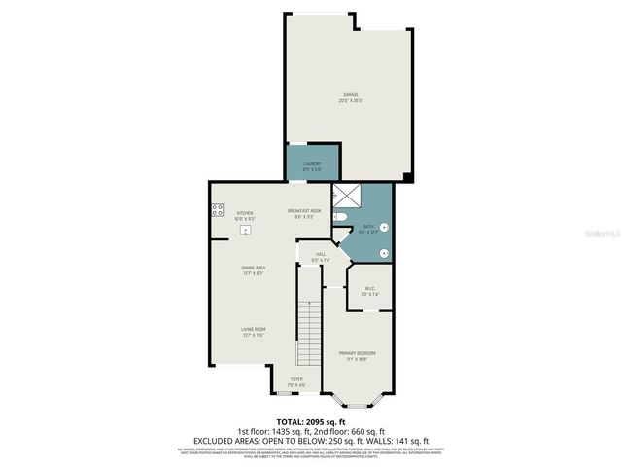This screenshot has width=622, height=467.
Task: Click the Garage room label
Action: coord(350,97)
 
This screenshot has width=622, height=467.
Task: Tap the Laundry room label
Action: coord(312,166)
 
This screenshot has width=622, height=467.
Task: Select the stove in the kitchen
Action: coord(216,208)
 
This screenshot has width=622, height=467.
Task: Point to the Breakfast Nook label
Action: coord(303,213)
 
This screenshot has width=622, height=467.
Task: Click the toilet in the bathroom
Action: coord(341,216)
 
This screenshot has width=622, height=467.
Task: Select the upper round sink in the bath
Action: coord(384,228)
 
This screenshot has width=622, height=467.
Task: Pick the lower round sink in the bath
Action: coord(384,253)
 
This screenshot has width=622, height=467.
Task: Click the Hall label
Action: coord(321,258)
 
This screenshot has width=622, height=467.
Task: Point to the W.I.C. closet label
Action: coord(370,290)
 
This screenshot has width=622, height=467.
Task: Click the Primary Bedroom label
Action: coord(357,355)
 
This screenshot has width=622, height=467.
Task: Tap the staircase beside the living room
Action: coord(310,331)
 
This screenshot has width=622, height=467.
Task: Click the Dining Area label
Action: coord(254,269)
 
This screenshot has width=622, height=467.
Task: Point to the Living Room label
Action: coord(254,332)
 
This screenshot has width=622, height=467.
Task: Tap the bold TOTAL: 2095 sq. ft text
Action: coord(311,421)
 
